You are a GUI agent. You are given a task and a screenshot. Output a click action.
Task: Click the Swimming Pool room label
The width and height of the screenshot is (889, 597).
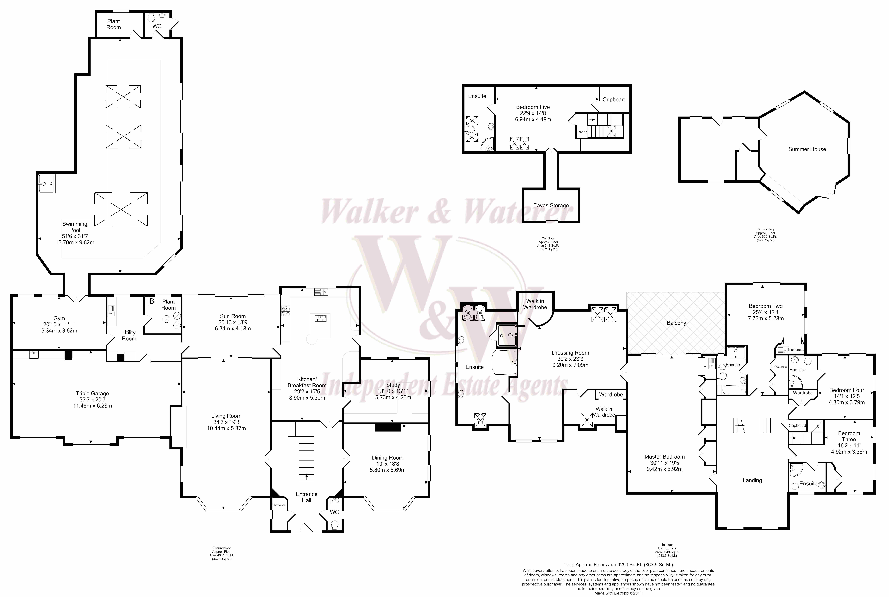click(75, 227)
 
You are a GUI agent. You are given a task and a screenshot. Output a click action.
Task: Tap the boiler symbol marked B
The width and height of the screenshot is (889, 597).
click(152, 301)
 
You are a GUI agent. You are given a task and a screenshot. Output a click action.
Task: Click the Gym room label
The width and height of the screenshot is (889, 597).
click(59, 318)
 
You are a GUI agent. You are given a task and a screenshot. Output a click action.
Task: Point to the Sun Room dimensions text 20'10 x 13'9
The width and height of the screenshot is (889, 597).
click(233, 322)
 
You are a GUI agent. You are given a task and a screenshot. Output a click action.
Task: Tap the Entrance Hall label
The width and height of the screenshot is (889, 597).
click(306, 497)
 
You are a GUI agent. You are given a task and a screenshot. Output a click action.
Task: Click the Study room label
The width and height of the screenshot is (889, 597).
click(393, 385)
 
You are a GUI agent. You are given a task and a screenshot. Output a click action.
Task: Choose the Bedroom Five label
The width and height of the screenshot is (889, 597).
click(533, 107)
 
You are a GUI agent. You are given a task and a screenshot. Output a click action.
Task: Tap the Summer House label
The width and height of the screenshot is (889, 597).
click(807, 149)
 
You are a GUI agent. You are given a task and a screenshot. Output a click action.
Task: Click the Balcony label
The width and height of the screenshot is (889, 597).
click(676, 323)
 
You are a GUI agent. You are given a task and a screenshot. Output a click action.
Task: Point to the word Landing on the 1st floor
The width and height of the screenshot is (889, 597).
click(752, 480)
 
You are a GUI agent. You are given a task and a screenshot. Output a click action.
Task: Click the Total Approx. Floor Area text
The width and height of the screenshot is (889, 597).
click(618, 565)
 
